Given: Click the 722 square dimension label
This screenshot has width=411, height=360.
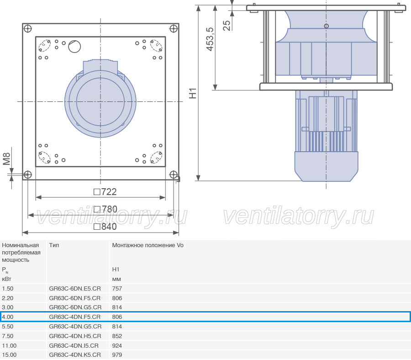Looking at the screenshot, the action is (105, 192).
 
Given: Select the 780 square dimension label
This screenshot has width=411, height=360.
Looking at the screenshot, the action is (105, 209).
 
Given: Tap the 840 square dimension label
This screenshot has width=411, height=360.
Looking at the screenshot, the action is (105, 227).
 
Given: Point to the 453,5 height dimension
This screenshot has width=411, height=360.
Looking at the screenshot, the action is (210, 39).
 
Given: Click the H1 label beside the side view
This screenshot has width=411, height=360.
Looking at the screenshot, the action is (193, 93).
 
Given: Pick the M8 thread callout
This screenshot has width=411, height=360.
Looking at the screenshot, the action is (6, 159).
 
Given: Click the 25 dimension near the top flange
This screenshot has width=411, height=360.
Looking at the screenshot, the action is (227, 26).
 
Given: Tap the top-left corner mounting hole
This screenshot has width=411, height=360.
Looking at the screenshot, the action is (27, 29).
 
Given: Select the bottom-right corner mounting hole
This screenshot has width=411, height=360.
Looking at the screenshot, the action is (174, 175).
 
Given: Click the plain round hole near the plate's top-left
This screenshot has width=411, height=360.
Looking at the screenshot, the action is (74, 47).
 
